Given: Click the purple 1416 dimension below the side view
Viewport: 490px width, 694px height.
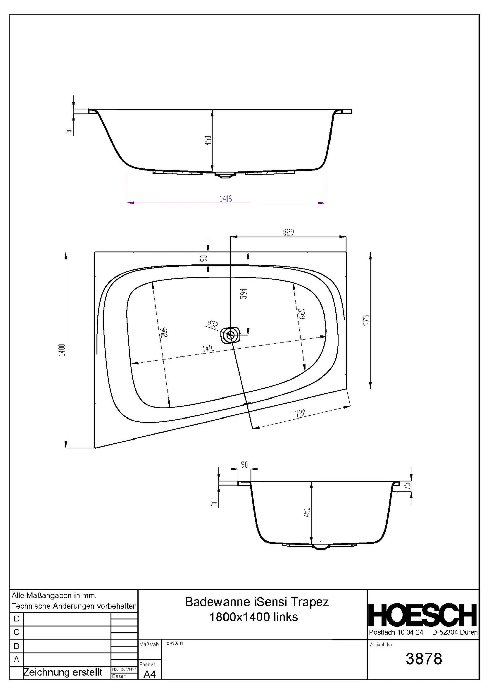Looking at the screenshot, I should pyautogui.click(x=226, y=199).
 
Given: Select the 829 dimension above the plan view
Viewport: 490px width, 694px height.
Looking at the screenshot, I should pyautogui.click(x=288, y=232).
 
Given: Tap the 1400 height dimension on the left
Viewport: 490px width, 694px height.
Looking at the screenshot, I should pyautogui.click(x=61, y=350).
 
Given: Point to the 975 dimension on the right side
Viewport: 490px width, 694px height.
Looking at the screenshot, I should pyautogui.click(x=366, y=320).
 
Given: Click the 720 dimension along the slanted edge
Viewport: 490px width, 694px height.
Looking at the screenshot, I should pyautogui.click(x=300, y=413).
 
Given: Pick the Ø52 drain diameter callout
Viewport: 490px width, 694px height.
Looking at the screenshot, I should pyautogui.click(x=212, y=324).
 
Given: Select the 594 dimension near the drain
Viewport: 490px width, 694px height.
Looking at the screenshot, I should pyautogui.click(x=244, y=293).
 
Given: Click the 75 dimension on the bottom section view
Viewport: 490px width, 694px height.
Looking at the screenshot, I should pyautogui.click(x=407, y=486).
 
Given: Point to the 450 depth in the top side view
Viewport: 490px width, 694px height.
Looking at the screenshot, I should pyautogui.click(x=208, y=141).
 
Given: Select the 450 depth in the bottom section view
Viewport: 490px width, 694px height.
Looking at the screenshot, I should pyautogui.click(x=307, y=512).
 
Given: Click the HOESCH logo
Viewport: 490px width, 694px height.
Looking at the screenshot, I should pyautogui.click(x=423, y=615).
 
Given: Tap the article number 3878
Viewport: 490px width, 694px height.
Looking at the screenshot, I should pyautogui.click(x=424, y=659).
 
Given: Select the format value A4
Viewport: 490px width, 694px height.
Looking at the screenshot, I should pyautogui.click(x=149, y=675).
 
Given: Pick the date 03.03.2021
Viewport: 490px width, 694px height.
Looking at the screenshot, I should pyautogui.click(x=124, y=670).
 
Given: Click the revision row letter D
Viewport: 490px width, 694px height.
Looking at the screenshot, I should pyautogui.click(x=16, y=619).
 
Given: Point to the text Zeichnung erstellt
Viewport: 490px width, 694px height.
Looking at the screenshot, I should pyautogui.click(x=63, y=672).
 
